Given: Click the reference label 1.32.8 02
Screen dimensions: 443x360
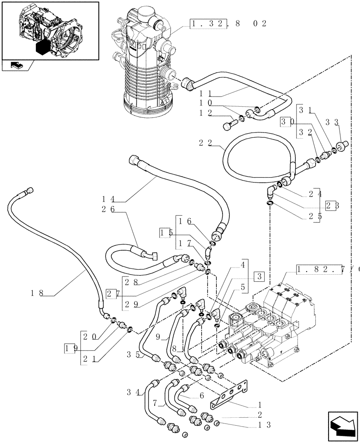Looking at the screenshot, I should pyautogui.click(x=228, y=23).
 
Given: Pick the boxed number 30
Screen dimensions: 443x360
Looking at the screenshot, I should pyautogui.click(x=286, y=121).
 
